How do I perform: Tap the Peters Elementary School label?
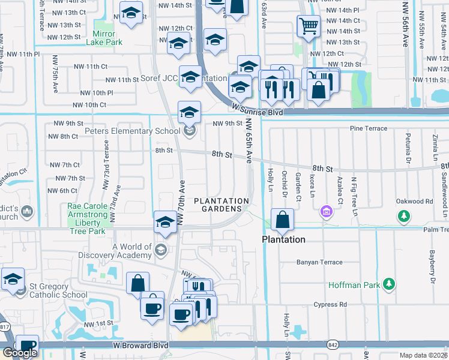(x=132, y=131)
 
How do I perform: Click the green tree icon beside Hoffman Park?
(x=389, y=283)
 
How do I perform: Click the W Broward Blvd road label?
(x=141, y=346)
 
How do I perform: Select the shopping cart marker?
(x=308, y=26)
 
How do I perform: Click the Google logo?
(x=20, y=352)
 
